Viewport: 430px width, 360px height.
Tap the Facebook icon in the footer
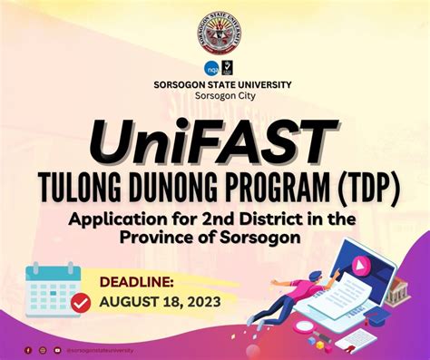[29, 349]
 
